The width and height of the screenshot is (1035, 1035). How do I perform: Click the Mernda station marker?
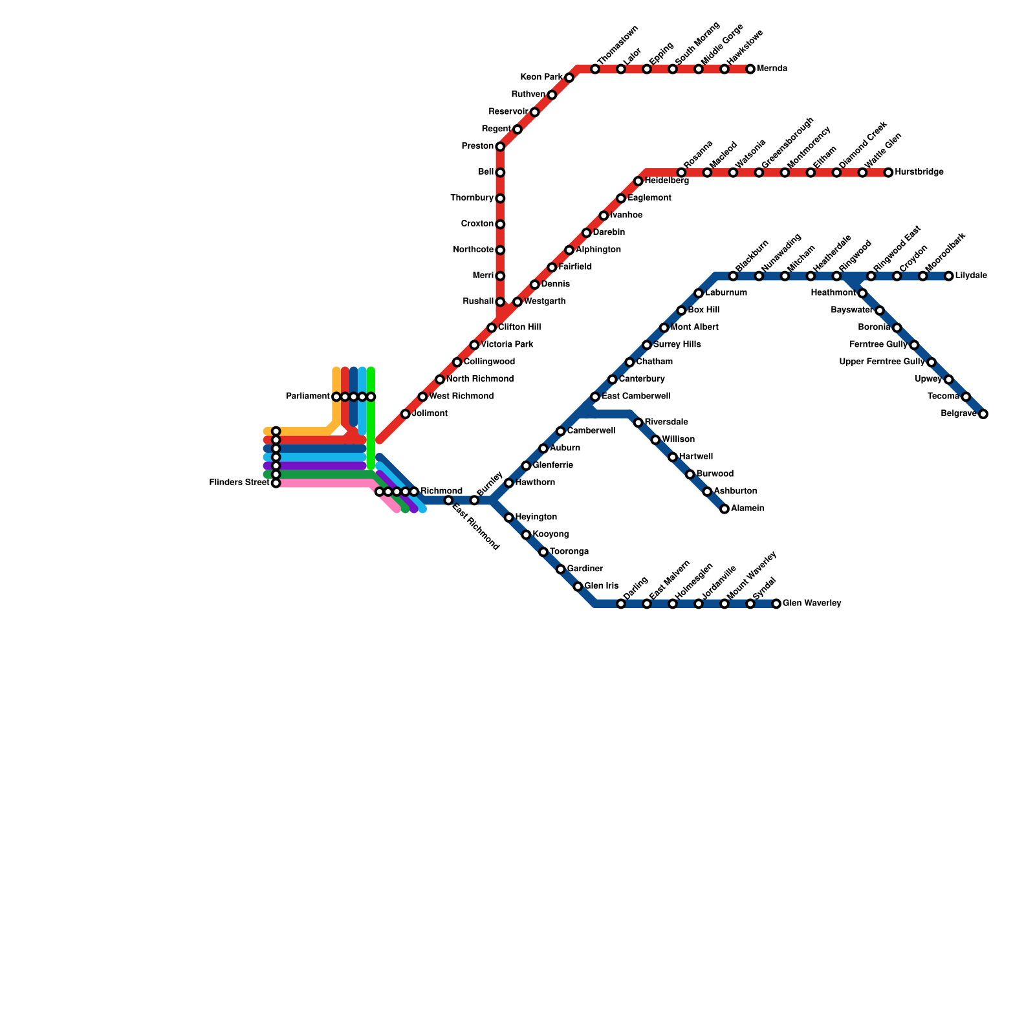click(x=750, y=69)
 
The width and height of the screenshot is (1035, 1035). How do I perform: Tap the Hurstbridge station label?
click(x=919, y=173)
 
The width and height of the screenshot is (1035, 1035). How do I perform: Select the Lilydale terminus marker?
click(x=949, y=276)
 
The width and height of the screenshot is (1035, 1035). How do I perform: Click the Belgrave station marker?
click(x=983, y=414)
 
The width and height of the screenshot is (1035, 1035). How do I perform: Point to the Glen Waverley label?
click(x=812, y=604)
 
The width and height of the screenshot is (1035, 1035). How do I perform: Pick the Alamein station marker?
click(x=724, y=509)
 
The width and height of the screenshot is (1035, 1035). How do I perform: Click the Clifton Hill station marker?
click(x=492, y=328)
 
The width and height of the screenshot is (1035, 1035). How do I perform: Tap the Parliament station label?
click(x=309, y=397)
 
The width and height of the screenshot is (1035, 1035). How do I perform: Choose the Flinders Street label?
click(x=239, y=483)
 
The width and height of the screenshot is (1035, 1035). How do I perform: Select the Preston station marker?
click(x=500, y=147)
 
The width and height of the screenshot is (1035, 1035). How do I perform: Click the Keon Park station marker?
click(x=569, y=78)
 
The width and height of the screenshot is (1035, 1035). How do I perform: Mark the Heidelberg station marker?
click(x=638, y=181)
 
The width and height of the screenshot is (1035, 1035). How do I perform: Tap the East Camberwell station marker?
click(x=595, y=397)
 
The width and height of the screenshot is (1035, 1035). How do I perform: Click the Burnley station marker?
click(x=474, y=501)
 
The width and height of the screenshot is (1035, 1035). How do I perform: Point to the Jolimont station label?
click(x=430, y=414)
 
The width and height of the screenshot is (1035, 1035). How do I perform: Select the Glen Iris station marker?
click(x=578, y=587)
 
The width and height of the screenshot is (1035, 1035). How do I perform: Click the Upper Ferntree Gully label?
click(x=882, y=362)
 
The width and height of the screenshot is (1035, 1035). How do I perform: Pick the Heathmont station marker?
click(x=862, y=294)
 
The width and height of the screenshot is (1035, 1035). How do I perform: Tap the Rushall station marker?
click(x=500, y=302)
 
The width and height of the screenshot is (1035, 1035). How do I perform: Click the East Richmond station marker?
click(x=448, y=501)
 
